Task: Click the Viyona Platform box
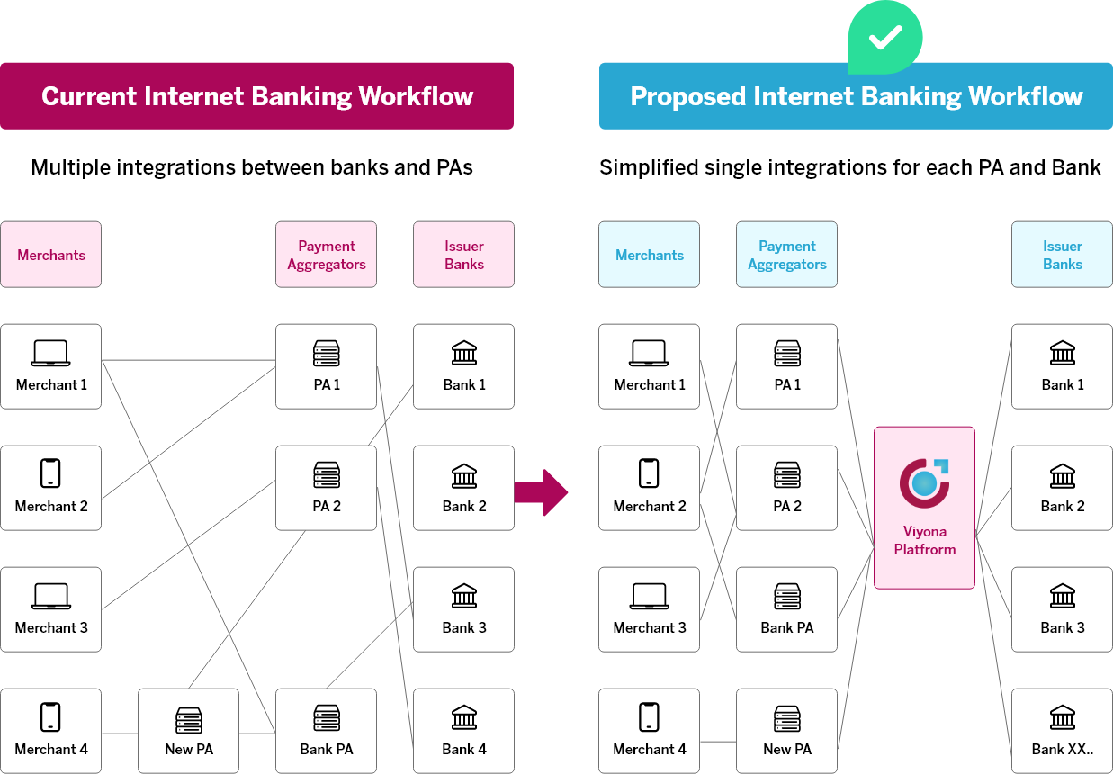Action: (924, 508)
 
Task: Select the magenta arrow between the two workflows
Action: (542, 492)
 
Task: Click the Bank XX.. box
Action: (1062, 730)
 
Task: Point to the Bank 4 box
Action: (463, 730)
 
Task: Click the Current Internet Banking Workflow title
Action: (257, 96)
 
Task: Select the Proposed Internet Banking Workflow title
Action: (856, 96)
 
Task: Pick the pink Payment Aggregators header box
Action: (326, 255)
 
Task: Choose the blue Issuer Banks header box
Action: (1062, 255)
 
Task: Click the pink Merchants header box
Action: (50, 255)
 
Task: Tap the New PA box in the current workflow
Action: (188, 730)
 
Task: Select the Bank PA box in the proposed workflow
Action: (786, 608)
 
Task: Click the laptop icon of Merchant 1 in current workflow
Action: (50, 353)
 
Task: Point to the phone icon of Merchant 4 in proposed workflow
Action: (649, 717)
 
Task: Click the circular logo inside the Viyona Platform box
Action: (924, 482)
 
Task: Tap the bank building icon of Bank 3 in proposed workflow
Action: (1062, 596)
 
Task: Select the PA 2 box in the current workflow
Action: (326, 487)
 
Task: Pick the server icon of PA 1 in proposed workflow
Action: (786, 353)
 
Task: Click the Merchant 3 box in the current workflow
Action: (50, 608)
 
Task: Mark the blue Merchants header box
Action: (649, 255)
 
